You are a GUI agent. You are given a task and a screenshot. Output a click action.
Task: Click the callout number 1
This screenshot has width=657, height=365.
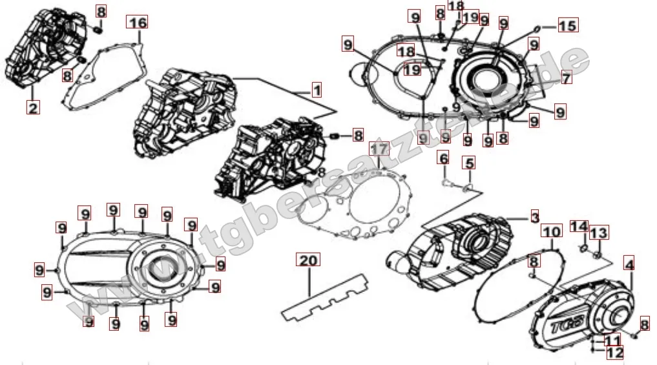coord(316,90)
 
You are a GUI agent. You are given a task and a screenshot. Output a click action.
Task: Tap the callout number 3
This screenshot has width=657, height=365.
coord(534,217)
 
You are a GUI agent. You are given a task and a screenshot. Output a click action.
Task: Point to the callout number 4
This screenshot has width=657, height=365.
coord(629,263)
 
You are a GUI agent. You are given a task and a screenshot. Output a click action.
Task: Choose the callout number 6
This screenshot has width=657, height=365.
coord(443,158)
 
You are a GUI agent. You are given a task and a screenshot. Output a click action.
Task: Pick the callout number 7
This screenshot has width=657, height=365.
coord(566,79)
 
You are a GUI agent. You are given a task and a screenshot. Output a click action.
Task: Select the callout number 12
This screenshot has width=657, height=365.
coord(614,352)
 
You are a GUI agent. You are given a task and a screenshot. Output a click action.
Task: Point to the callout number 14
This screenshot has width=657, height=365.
coord(579,227)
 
